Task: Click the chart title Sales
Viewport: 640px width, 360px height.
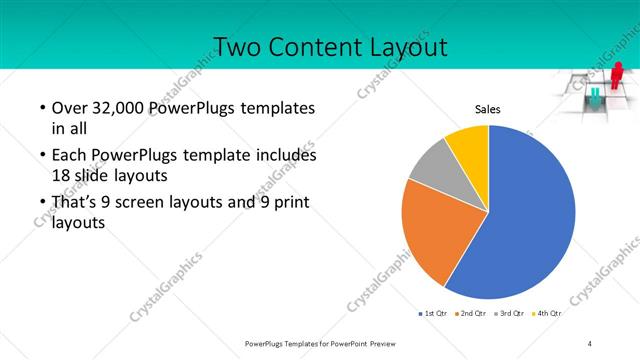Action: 487,109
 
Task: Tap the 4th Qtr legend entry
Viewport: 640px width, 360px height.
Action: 548,314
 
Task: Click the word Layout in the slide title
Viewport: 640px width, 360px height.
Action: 400,47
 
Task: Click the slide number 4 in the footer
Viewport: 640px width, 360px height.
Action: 590,343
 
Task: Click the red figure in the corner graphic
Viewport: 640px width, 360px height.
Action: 617,74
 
